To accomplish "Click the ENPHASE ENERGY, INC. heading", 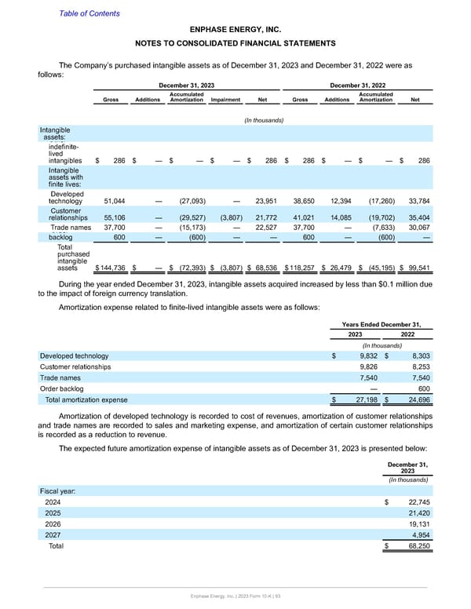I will pyautogui.click(x=235, y=27).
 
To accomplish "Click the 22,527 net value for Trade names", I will pyautogui.click(x=265, y=228).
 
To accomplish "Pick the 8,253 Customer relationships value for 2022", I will pyautogui.click(x=413, y=366).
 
